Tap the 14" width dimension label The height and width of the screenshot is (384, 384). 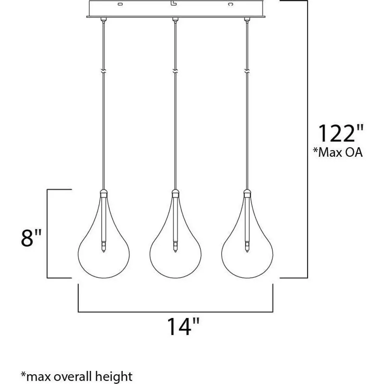pos(183,327)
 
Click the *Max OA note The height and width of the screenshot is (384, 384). pos(338,152)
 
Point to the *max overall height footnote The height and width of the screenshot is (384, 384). pos(76,376)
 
